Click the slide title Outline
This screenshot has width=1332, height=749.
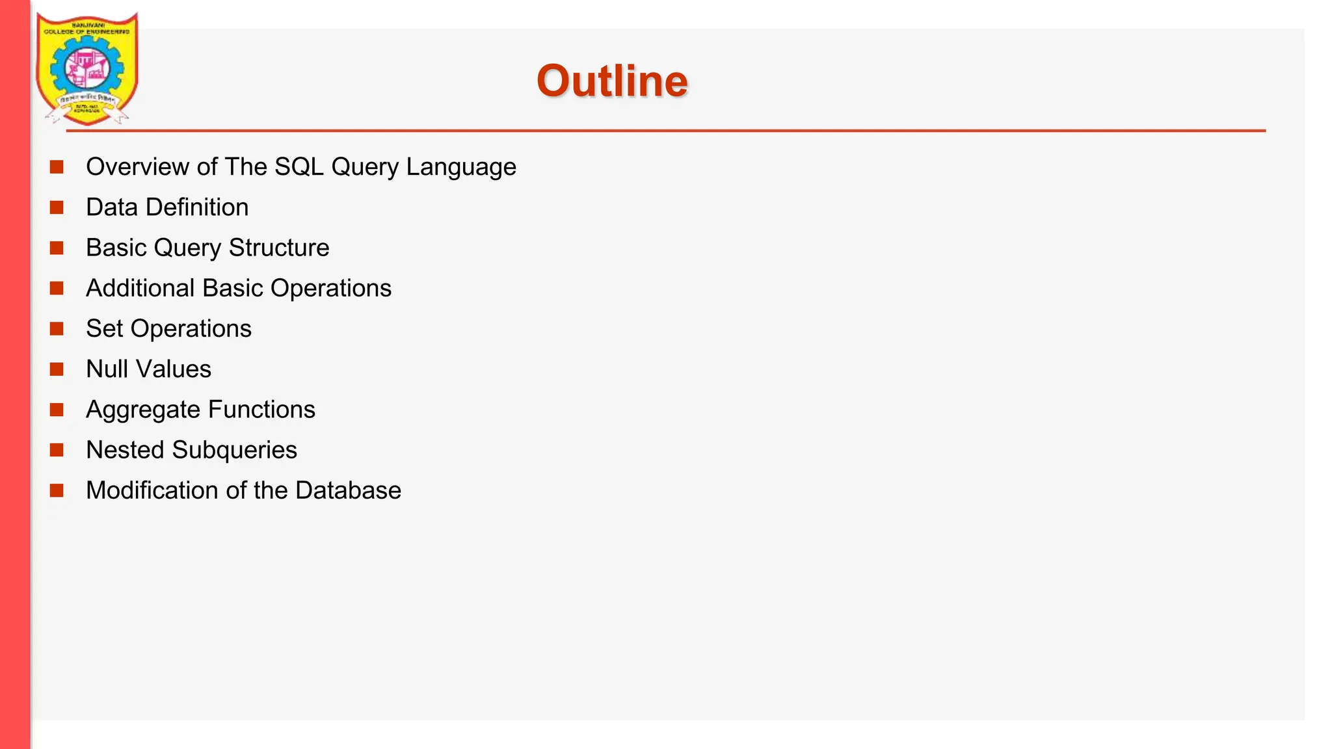point(612,81)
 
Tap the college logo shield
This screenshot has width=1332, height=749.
point(87,68)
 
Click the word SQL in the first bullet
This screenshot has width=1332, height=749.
point(299,167)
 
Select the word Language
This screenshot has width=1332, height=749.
point(461,167)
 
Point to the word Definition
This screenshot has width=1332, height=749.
point(197,207)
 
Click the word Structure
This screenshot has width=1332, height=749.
point(279,248)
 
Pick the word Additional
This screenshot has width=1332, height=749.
point(140,288)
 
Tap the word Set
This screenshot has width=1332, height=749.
point(104,328)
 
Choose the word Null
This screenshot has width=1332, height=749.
point(107,369)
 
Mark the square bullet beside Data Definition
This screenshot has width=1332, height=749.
point(57,207)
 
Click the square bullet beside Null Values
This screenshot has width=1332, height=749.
point(57,369)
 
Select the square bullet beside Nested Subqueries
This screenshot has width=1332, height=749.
point(57,450)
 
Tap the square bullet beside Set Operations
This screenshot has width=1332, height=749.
point(57,328)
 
